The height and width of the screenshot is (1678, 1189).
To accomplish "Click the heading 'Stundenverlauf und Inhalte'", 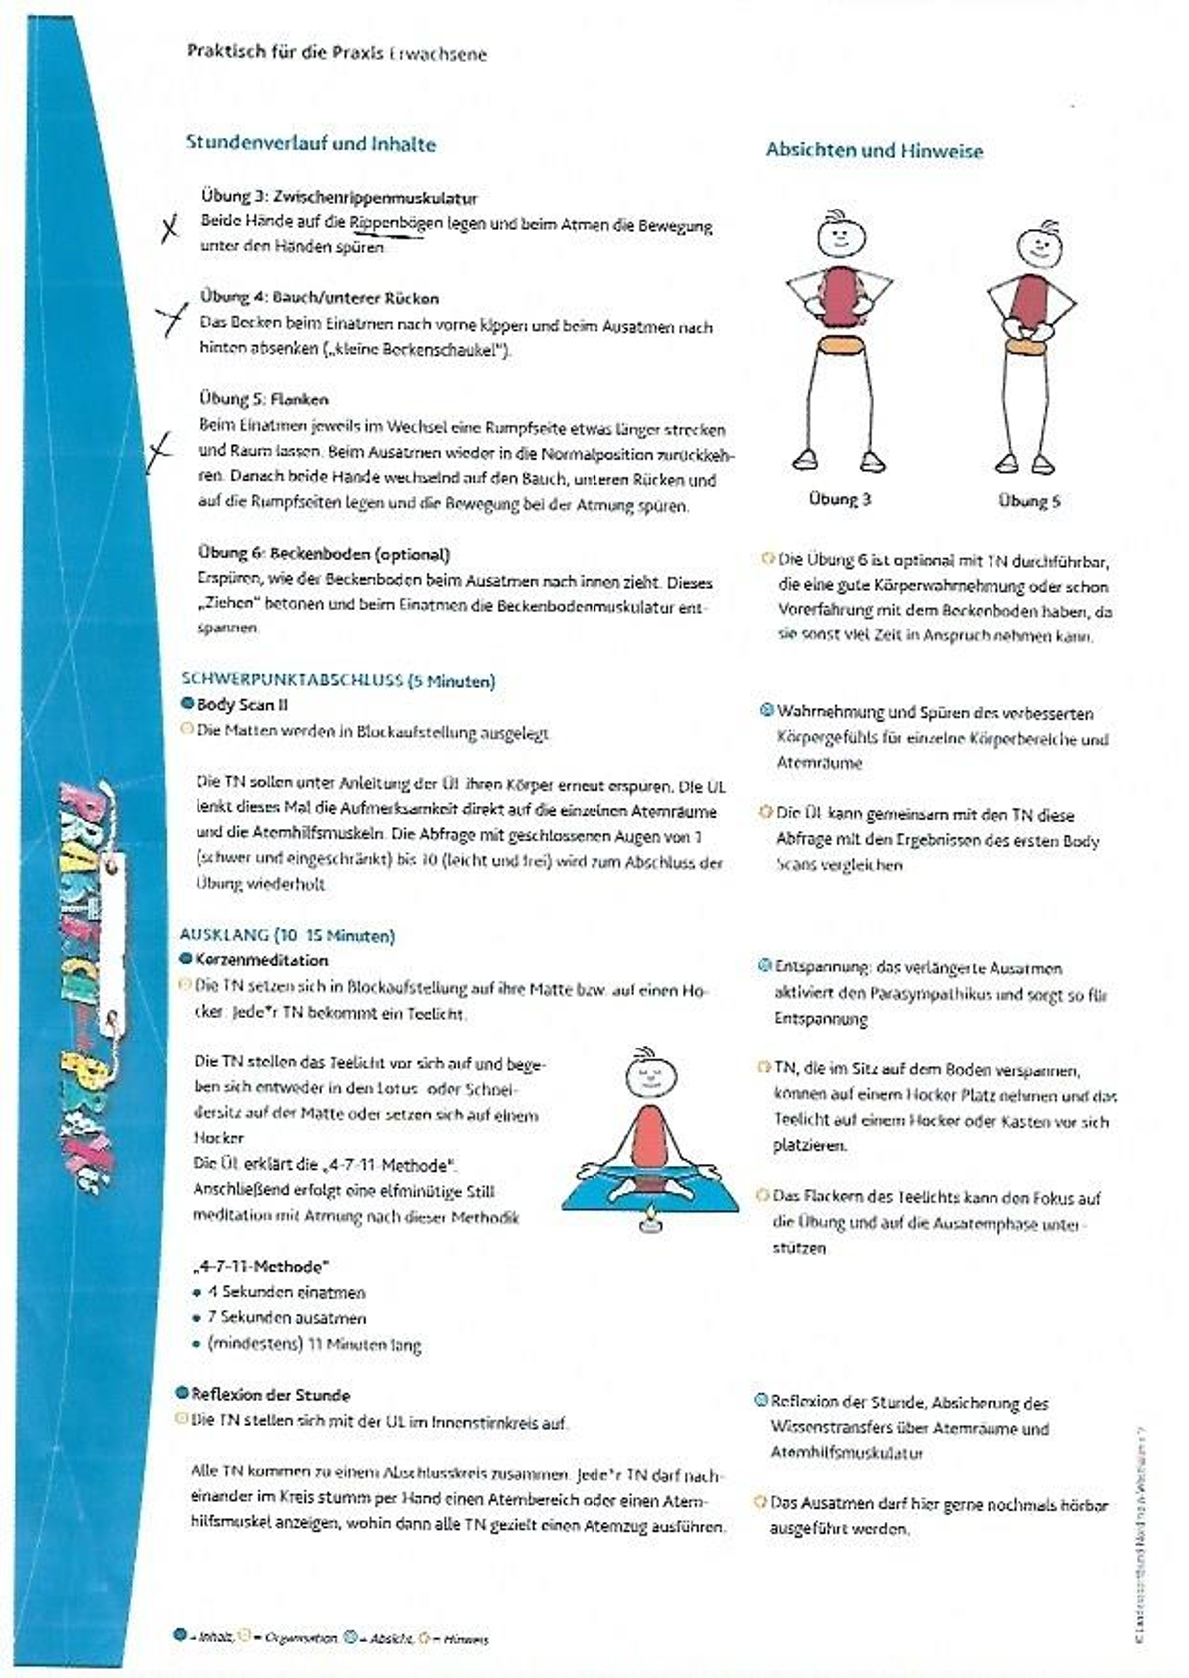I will coord(310,143).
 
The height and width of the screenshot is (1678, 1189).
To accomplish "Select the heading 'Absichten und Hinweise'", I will coord(874,151).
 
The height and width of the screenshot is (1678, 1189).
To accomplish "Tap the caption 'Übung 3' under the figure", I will coord(839,499).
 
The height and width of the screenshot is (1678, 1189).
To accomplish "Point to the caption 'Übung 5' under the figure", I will coord(1029,501).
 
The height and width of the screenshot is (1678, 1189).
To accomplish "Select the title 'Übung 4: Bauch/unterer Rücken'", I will coord(319,297).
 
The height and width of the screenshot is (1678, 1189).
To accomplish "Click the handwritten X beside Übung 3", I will coord(172,229).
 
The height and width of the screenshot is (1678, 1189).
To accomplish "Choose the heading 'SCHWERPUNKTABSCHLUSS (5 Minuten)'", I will coord(337,681).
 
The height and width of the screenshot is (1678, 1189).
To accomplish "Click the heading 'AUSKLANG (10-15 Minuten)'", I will coord(286,935).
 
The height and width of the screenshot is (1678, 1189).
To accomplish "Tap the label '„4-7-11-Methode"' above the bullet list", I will coord(259,1267).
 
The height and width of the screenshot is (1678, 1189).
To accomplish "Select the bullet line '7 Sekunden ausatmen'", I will coord(286,1318).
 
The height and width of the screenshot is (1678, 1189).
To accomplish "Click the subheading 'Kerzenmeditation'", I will coord(261,960).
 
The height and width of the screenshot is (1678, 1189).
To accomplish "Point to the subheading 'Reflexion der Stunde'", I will coord(270,1395).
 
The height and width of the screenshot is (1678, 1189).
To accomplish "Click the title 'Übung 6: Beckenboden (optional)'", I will coord(323,554).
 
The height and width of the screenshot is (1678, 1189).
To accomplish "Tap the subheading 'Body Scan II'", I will coord(242,705).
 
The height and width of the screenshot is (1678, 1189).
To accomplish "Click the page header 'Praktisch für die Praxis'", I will coord(285,52).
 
